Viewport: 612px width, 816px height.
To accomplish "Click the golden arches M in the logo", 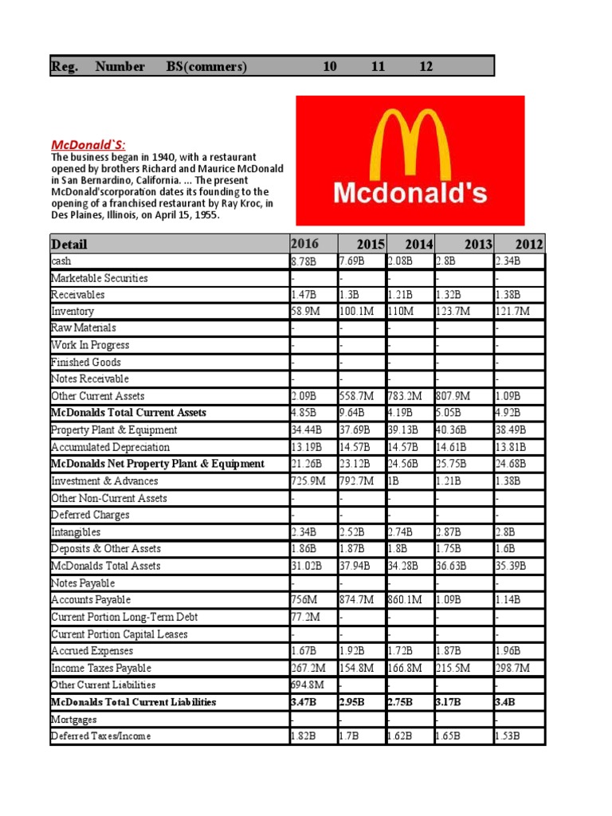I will tap(409, 143).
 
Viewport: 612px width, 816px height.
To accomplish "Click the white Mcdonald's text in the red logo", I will tap(410, 193).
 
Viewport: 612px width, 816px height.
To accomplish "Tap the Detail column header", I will tap(69, 244).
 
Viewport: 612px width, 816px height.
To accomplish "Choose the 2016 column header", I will tap(304, 244).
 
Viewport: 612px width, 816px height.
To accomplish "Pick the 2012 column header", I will tap(528, 244).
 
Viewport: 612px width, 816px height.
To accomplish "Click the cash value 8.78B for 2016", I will tap(304, 261).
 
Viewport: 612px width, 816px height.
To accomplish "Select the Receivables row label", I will tap(77, 295).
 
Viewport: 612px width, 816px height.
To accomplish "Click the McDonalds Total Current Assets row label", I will tap(128, 413).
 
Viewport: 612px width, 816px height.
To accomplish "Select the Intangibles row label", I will tap(76, 532).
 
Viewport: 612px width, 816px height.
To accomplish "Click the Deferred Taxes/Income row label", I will tap(100, 736).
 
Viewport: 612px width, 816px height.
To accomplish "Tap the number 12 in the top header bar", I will tap(426, 67).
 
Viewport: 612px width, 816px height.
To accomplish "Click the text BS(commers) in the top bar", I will tap(207, 67).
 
